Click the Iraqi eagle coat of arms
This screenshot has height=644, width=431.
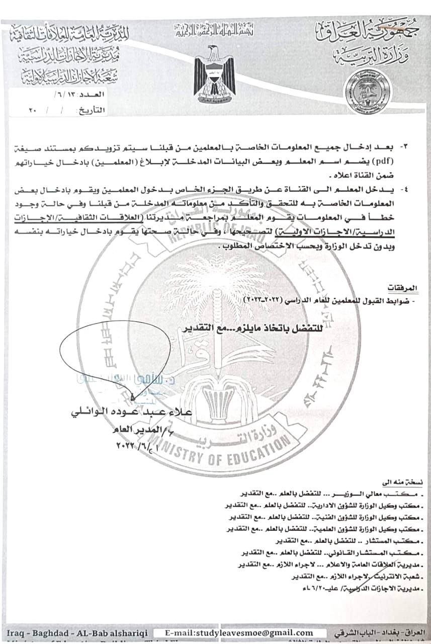215,73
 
